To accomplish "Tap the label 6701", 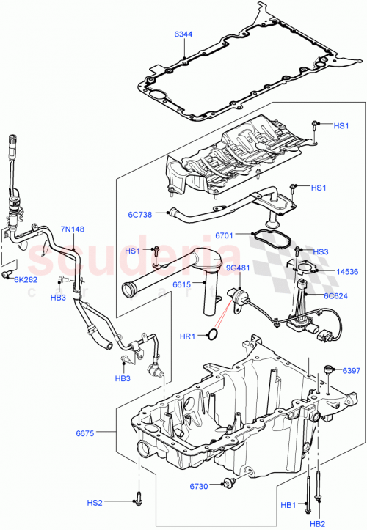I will [225, 235].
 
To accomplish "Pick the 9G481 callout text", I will [238, 268].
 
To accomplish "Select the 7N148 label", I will [72, 229].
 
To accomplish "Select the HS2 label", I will [95, 502].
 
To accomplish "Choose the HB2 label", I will [317, 523].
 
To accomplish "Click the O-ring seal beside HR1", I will [211, 335].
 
